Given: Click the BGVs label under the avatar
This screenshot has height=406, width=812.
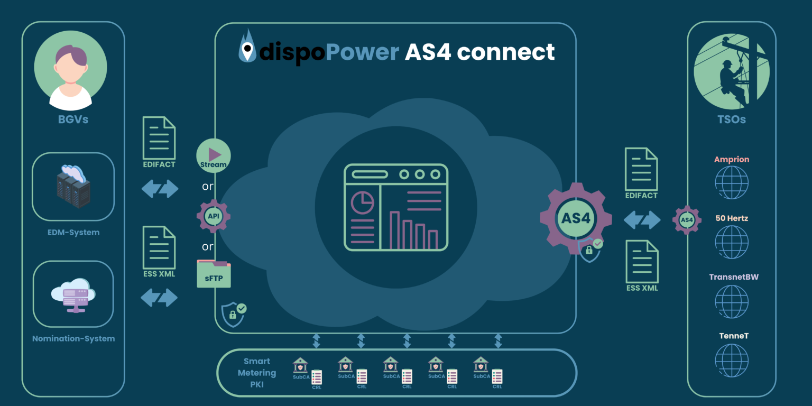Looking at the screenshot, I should [73, 119].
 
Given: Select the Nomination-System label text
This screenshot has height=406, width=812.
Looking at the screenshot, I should [73, 338].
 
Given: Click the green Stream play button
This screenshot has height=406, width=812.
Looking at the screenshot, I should [214, 156].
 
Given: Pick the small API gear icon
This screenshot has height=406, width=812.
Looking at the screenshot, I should [214, 216].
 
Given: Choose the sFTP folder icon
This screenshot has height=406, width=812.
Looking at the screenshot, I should [214, 274].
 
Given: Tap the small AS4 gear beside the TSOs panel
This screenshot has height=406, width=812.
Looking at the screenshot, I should [686, 219].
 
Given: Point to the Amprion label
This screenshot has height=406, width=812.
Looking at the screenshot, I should [732, 159].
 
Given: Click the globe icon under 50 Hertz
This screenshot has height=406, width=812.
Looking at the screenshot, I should [732, 242].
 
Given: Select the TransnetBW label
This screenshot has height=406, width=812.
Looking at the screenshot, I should [733, 277].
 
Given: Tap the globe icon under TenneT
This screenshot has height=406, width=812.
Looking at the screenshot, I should [732, 360].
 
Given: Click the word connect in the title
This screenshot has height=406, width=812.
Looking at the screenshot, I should [506, 52].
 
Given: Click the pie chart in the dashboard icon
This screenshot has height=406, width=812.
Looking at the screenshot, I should [363, 202].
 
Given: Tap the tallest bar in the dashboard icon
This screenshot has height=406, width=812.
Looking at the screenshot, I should [394, 230].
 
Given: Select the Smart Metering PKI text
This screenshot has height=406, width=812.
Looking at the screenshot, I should [256, 373].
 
